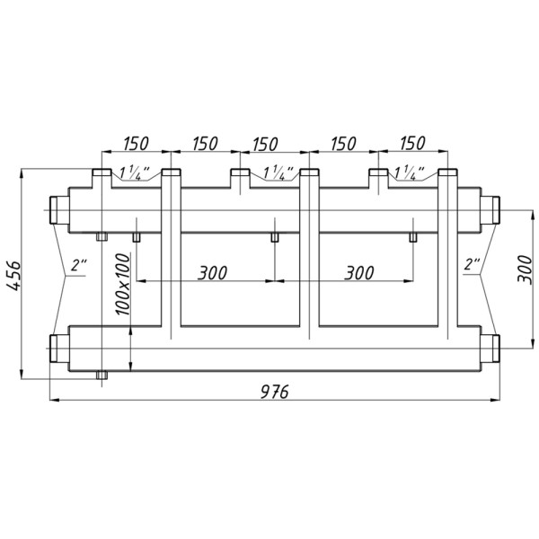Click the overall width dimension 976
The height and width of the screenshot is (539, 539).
[x=275, y=391]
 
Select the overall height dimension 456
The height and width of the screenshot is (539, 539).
[x=14, y=276]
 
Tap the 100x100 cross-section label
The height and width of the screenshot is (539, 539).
[x=123, y=284]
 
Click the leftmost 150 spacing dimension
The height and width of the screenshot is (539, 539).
[x=136, y=144]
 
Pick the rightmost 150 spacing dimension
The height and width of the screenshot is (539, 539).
[x=413, y=143]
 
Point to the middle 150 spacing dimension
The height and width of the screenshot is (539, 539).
[x=265, y=145]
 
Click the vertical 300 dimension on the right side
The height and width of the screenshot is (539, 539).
[x=525, y=269]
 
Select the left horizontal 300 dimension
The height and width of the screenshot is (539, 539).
[x=212, y=273]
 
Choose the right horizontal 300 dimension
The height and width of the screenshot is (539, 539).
[x=359, y=273]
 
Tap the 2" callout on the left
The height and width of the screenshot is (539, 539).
[x=79, y=266]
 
